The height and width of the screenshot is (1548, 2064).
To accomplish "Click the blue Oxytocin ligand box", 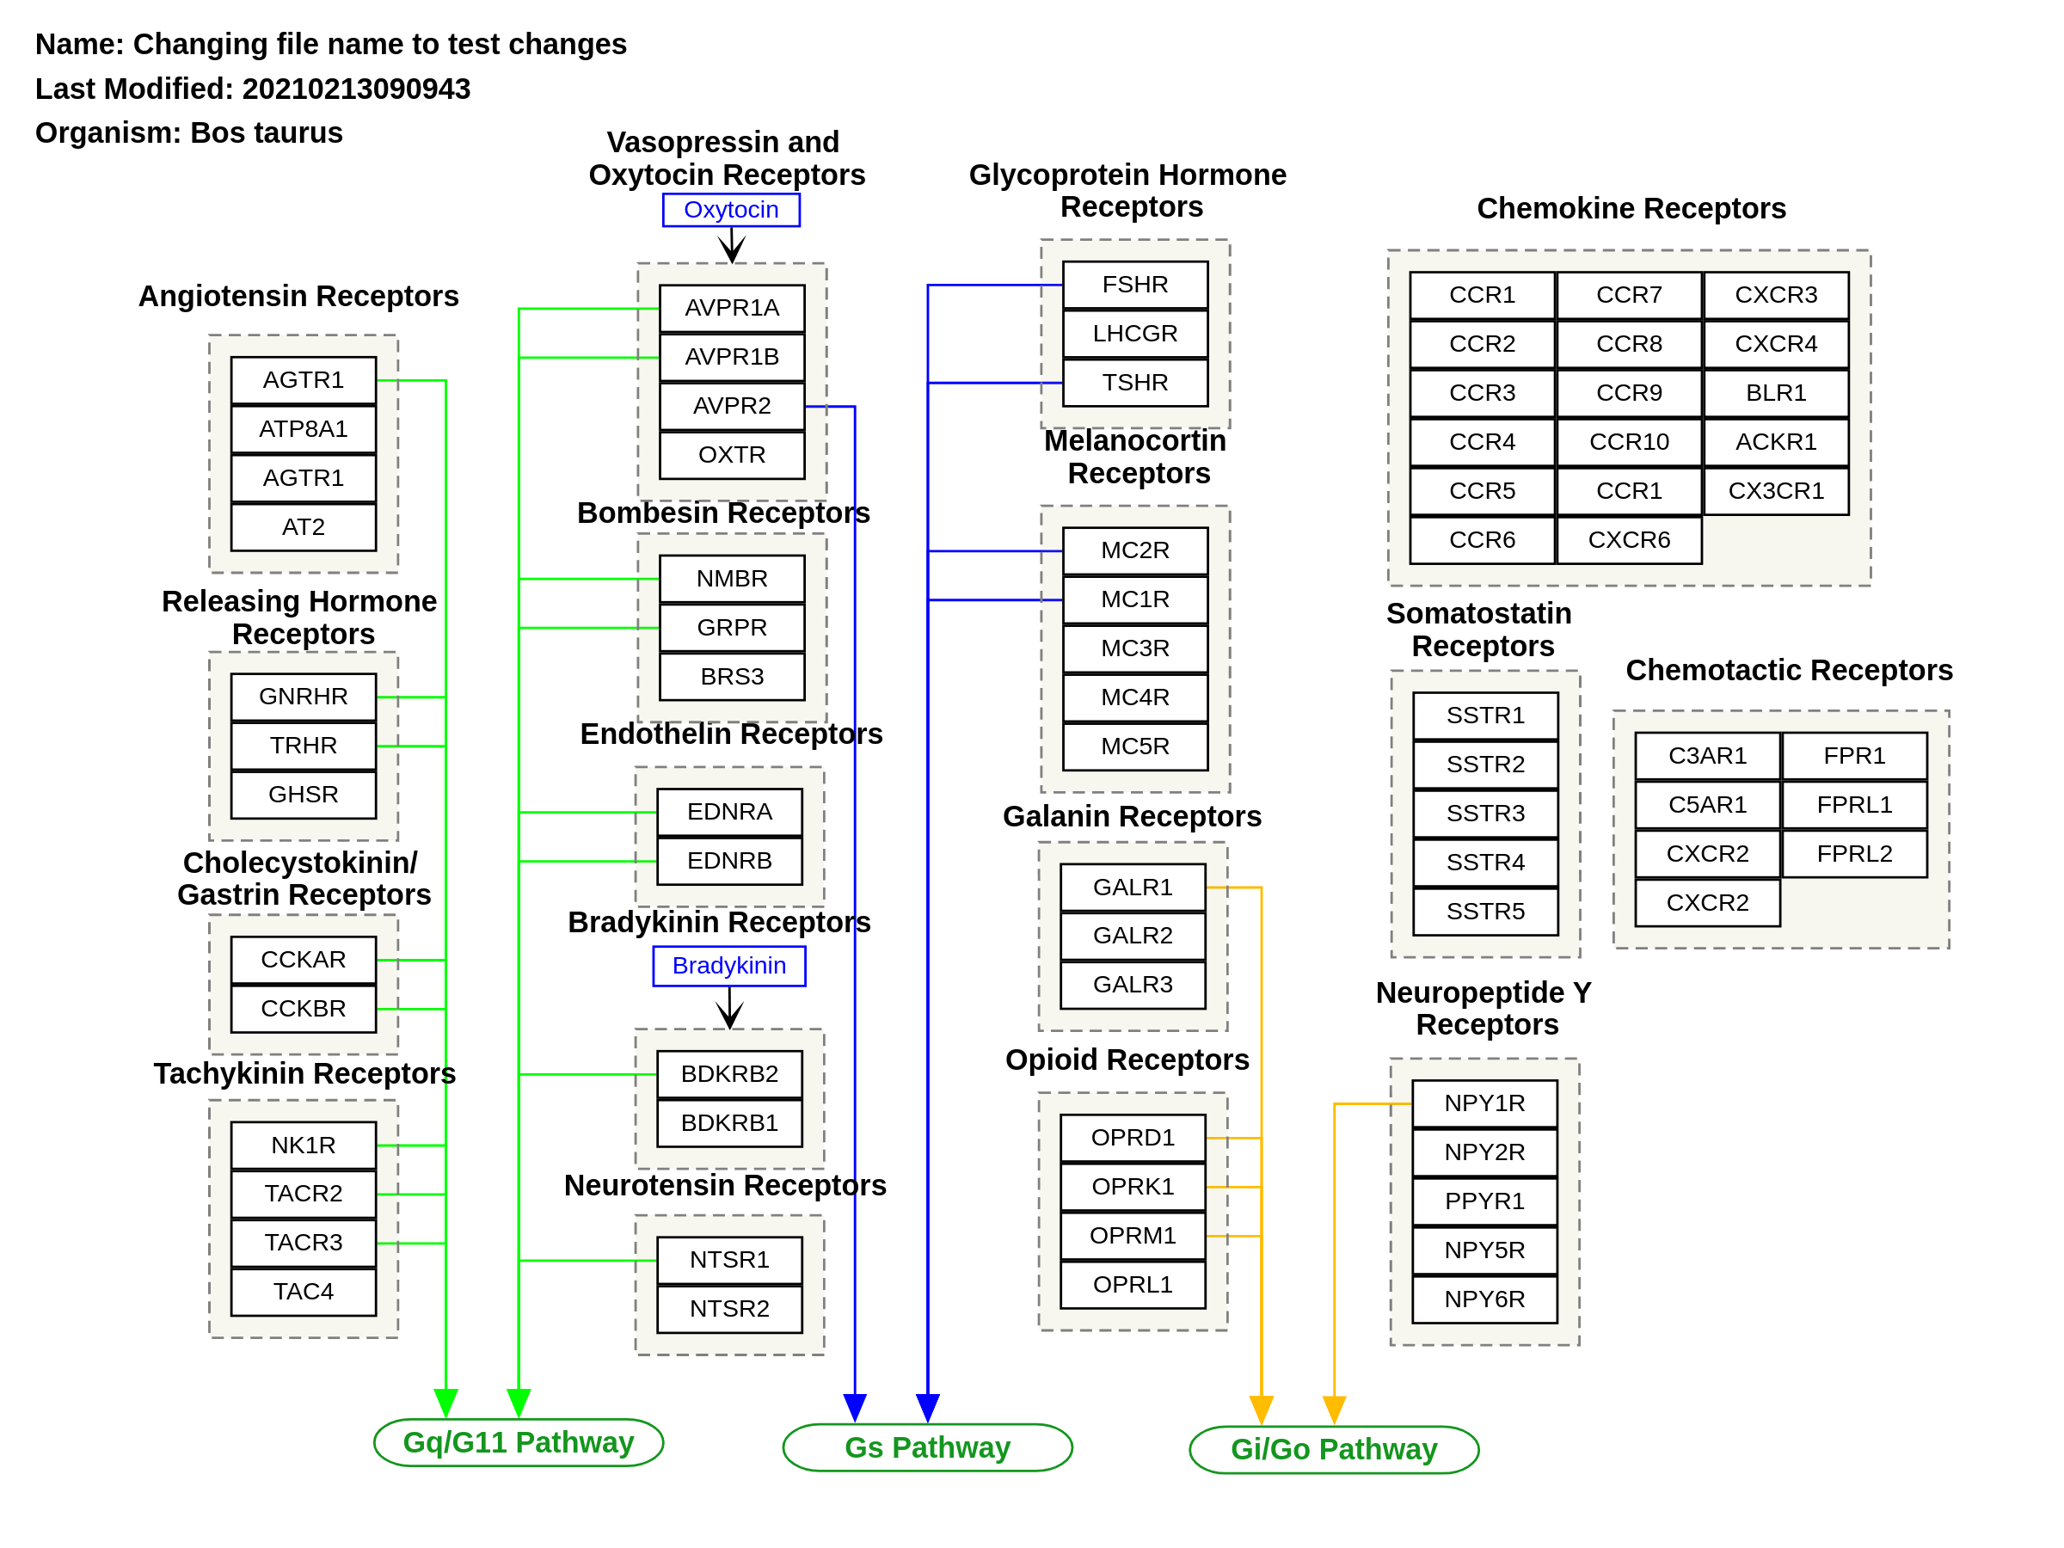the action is point(731,210).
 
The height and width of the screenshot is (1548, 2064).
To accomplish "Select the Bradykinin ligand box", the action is point(728,966).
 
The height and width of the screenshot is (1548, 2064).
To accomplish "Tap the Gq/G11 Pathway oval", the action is point(518,1442).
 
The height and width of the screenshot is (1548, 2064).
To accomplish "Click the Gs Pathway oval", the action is point(927,1447).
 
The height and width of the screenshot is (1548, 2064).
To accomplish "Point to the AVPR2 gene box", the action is point(732,406).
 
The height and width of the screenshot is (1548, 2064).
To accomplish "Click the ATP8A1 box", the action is point(304,429).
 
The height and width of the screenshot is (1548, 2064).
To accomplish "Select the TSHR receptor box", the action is point(1134,383).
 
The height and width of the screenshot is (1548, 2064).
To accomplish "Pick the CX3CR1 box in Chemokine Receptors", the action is point(1776,491).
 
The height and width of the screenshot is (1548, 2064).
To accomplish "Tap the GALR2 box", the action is point(1133,936).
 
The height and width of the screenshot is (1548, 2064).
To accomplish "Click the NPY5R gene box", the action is point(1484,1250).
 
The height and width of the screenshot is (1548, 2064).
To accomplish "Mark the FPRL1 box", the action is point(1854,804).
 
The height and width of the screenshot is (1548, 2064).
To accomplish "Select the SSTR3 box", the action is point(1485,814).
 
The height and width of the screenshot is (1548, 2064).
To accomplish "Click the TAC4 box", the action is point(304,1292).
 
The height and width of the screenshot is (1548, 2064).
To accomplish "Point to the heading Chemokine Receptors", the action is point(1631,208).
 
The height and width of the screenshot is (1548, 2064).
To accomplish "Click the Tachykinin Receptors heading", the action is point(304,1074).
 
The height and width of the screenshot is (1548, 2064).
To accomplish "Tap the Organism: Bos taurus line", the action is point(188,132).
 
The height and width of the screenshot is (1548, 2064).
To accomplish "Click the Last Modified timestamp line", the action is point(252,89).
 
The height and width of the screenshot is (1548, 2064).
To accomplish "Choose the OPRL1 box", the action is point(1133,1285).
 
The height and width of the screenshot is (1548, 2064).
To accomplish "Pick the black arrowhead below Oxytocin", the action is point(732,249).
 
